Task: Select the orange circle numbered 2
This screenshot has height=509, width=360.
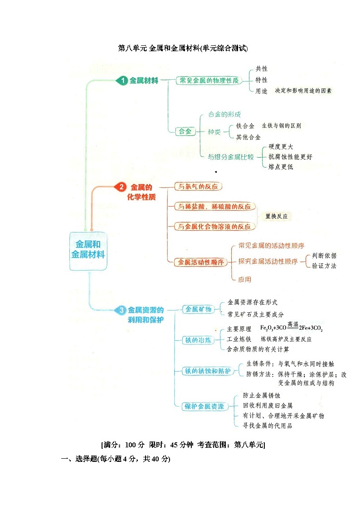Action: [x=121, y=187]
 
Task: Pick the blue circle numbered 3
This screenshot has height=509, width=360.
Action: [x=121, y=310]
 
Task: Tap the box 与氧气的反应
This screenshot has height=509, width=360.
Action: [x=198, y=186]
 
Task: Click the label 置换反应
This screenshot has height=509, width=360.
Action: [x=277, y=216]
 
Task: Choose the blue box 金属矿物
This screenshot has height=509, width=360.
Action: [x=198, y=309]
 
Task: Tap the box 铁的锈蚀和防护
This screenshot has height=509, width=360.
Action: [x=207, y=371]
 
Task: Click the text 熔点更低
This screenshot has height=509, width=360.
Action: [x=281, y=167]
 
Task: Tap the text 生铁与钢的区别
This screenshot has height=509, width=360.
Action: [x=281, y=126]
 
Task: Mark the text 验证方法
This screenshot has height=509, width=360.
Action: [x=324, y=266]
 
